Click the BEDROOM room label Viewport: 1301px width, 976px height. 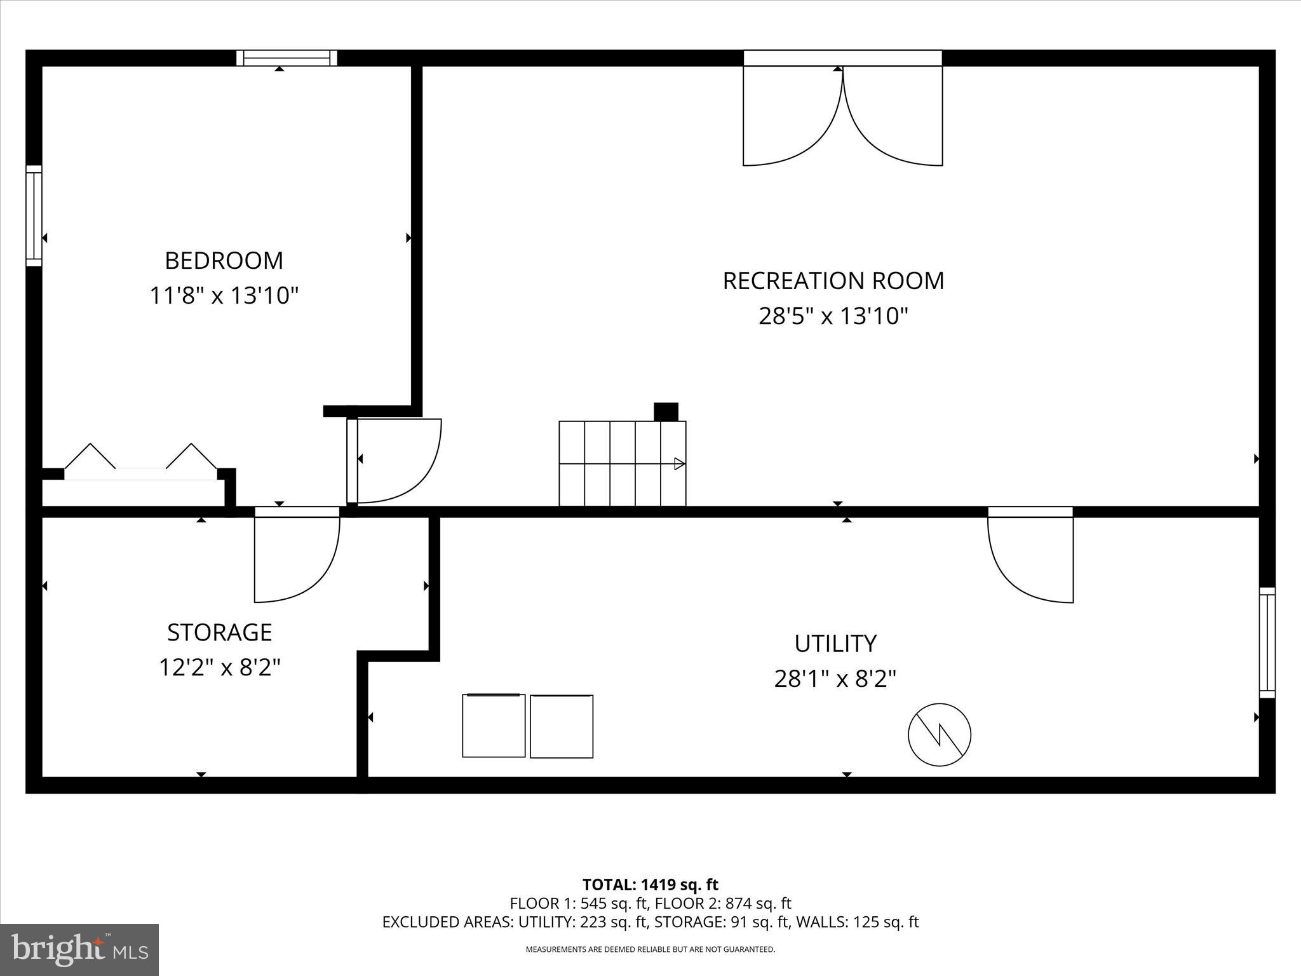224,261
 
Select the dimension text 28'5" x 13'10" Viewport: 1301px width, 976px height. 833,316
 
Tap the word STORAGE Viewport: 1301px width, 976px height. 220,632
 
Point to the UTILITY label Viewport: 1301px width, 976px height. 835,644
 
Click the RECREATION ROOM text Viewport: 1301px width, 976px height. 833,281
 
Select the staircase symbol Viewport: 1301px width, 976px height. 622,463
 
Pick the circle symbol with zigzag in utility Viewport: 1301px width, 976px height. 939,735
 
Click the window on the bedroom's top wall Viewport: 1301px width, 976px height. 286,58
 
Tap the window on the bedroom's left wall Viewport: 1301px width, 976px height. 34,216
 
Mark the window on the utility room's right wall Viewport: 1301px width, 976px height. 1267,642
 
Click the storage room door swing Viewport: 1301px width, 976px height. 296,556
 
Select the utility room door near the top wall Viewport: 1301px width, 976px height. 1030,556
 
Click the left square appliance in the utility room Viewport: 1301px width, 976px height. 494,726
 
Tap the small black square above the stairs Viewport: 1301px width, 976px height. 666,412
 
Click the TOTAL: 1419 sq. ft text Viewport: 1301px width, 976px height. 650,884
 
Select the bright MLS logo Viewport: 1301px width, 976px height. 79,950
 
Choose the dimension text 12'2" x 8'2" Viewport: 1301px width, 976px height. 220,668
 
